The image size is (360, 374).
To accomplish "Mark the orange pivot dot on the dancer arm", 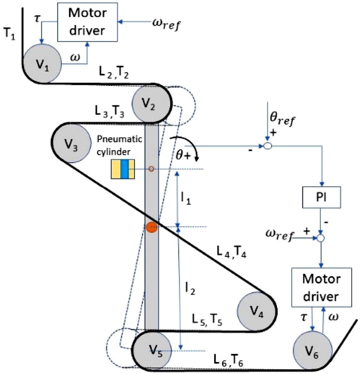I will [x=152, y=227].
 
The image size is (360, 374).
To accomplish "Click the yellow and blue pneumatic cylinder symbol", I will [x=123, y=169].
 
